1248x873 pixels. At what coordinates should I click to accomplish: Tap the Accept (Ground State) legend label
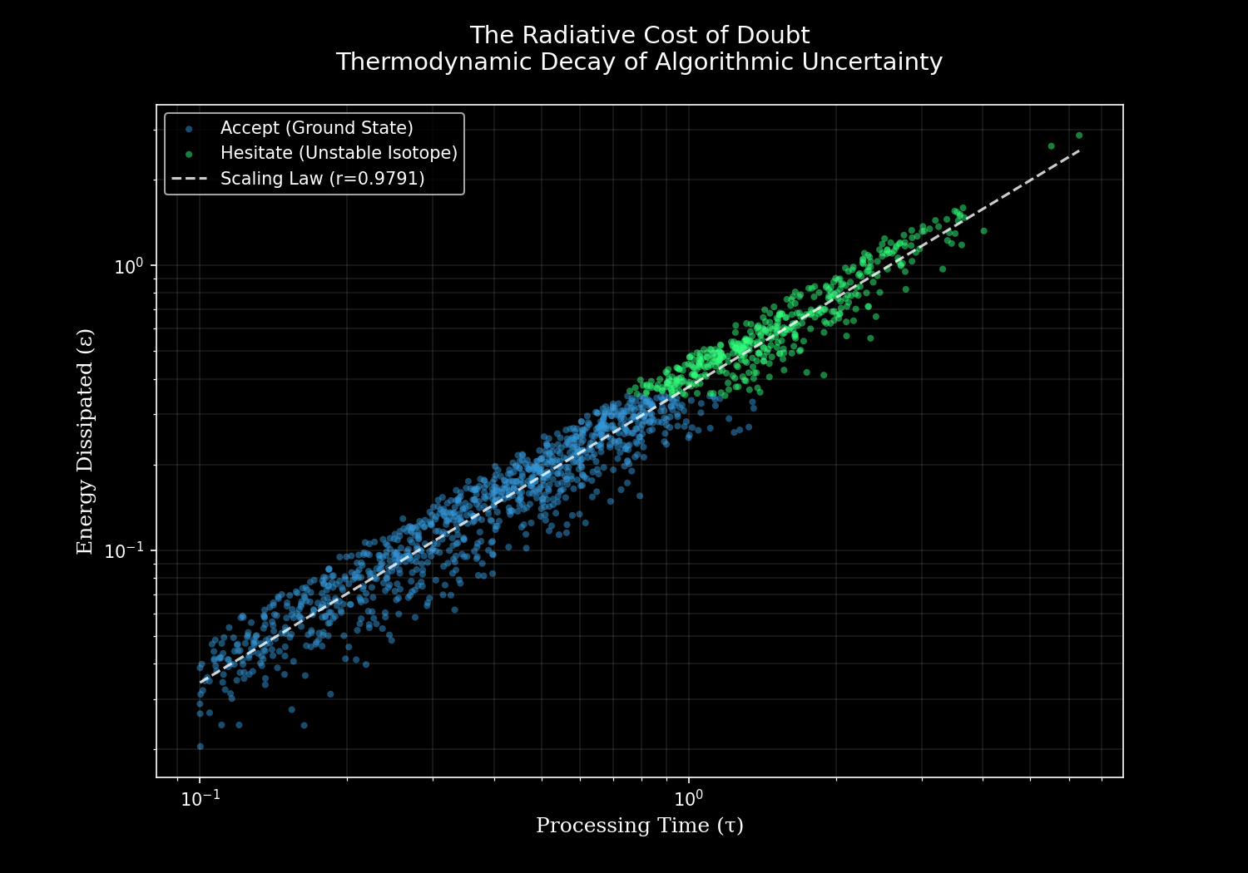pyautogui.click(x=316, y=128)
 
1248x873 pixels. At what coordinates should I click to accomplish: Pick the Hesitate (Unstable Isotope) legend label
pyautogui.click(x=339, y=153)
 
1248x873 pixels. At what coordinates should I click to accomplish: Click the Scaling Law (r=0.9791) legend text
pyautogui.click(x=322, y=179)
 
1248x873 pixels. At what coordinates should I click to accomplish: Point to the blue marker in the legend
pyautogui.click(x=189, y=129)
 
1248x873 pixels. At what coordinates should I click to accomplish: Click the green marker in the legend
pyautogui.click(x=189, y=154)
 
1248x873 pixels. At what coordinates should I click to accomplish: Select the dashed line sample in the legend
pyautogui.click(x=189, y=179)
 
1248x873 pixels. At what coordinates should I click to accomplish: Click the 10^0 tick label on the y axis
pyautogui.click(x=129, y=266)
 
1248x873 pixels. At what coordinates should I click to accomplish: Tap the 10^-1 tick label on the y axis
pyautogui.click(x=125, y=550)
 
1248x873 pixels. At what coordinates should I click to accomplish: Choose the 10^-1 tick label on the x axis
pyautogui.click(x=200, y=798)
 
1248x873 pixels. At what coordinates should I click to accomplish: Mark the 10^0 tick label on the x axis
pyautogui.click(x=688, y=798)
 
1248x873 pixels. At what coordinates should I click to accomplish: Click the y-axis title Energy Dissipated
pyautogui.click(x=86, y=441)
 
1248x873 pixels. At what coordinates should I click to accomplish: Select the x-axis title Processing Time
pyautogui.click(x=639, y=826)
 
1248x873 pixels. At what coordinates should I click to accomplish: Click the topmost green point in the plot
pyautogui.click(x=1079, y=135)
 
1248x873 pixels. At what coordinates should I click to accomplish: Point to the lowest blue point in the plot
pyautogui.click(x=200, y=747)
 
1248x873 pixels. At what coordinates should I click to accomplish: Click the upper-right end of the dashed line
pyautogui.click(x=1079, y=150)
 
